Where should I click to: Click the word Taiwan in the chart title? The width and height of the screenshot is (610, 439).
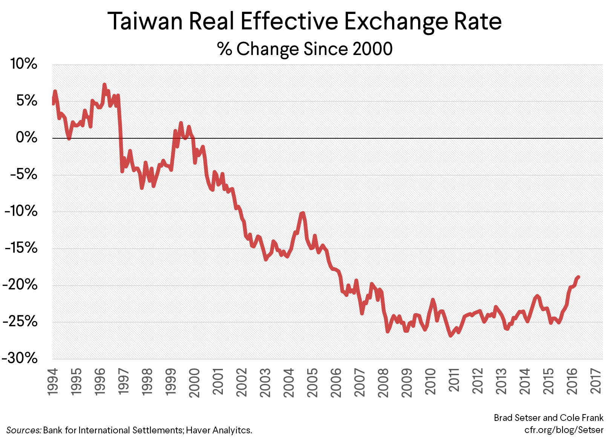146,21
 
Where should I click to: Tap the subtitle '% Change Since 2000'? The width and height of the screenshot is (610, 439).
305,49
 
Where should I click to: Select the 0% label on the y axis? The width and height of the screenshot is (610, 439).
26,138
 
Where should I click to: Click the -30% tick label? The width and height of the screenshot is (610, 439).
20,358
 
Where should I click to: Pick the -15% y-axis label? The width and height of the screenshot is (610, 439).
21,248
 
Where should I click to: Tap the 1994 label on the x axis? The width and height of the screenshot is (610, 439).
53,381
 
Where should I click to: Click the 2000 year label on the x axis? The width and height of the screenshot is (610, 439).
195,382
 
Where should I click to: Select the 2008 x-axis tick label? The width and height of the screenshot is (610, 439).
383,382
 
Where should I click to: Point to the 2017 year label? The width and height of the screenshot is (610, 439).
596,381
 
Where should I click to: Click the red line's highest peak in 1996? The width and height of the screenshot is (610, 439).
104,85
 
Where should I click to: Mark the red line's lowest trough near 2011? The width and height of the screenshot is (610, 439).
451,335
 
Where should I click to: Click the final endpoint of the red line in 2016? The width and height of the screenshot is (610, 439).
578,277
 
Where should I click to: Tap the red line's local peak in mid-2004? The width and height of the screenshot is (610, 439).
302,213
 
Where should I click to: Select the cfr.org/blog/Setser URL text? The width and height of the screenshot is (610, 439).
564,430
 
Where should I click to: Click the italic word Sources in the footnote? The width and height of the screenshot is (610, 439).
23,430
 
